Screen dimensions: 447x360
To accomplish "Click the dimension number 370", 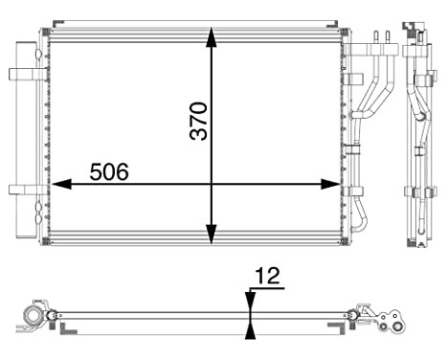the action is coord(198,121).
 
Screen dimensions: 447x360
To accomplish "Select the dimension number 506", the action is coord(109,171).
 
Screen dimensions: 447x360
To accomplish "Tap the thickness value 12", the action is coord(268,276).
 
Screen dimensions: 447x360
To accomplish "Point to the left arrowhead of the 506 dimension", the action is coord(61,184).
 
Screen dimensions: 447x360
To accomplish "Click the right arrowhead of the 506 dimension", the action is coord(331,184).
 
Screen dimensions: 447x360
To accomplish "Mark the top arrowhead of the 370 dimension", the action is coord(212,37).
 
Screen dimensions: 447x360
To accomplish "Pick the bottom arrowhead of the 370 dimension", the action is coord(212,235).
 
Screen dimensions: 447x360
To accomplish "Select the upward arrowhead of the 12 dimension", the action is coord(251,329).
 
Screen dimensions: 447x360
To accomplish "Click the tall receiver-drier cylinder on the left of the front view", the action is coord(26,140).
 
